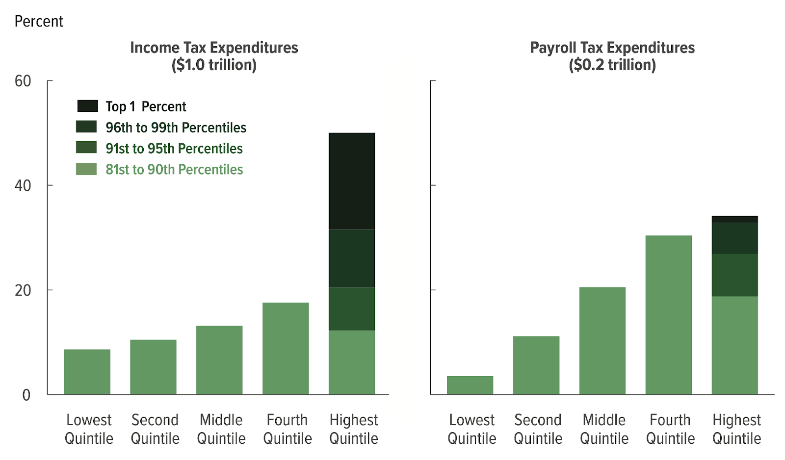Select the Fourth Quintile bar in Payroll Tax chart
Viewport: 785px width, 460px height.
coord(668,315)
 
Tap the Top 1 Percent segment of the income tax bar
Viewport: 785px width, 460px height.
coord(352,181)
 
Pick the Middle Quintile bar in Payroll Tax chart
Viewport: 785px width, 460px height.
coord(602,341)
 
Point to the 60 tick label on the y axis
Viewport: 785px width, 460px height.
coord(23,81)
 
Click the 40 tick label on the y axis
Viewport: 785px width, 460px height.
coord(23,185)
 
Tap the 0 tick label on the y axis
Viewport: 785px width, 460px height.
coord(26,395)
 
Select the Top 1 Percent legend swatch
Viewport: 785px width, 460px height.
coord(87,106)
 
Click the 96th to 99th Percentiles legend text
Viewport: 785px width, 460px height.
coord(176,128)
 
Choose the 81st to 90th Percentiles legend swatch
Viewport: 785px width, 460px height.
coord(86,169)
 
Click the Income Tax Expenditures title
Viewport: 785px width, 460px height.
coord(214,48)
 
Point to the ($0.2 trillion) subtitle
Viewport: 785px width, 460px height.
coord(612,65)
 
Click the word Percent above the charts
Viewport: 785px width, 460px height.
coord(39,21)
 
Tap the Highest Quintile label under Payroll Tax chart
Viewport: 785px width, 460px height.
coord(736,429)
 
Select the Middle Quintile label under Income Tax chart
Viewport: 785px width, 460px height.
coord(221,429)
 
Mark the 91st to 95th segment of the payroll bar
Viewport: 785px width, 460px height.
coord(734,275)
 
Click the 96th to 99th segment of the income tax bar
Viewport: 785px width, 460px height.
coord(352,258)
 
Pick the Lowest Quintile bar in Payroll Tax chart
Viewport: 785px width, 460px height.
coord(470,385)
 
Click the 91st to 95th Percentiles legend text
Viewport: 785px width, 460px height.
coord(174,149)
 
